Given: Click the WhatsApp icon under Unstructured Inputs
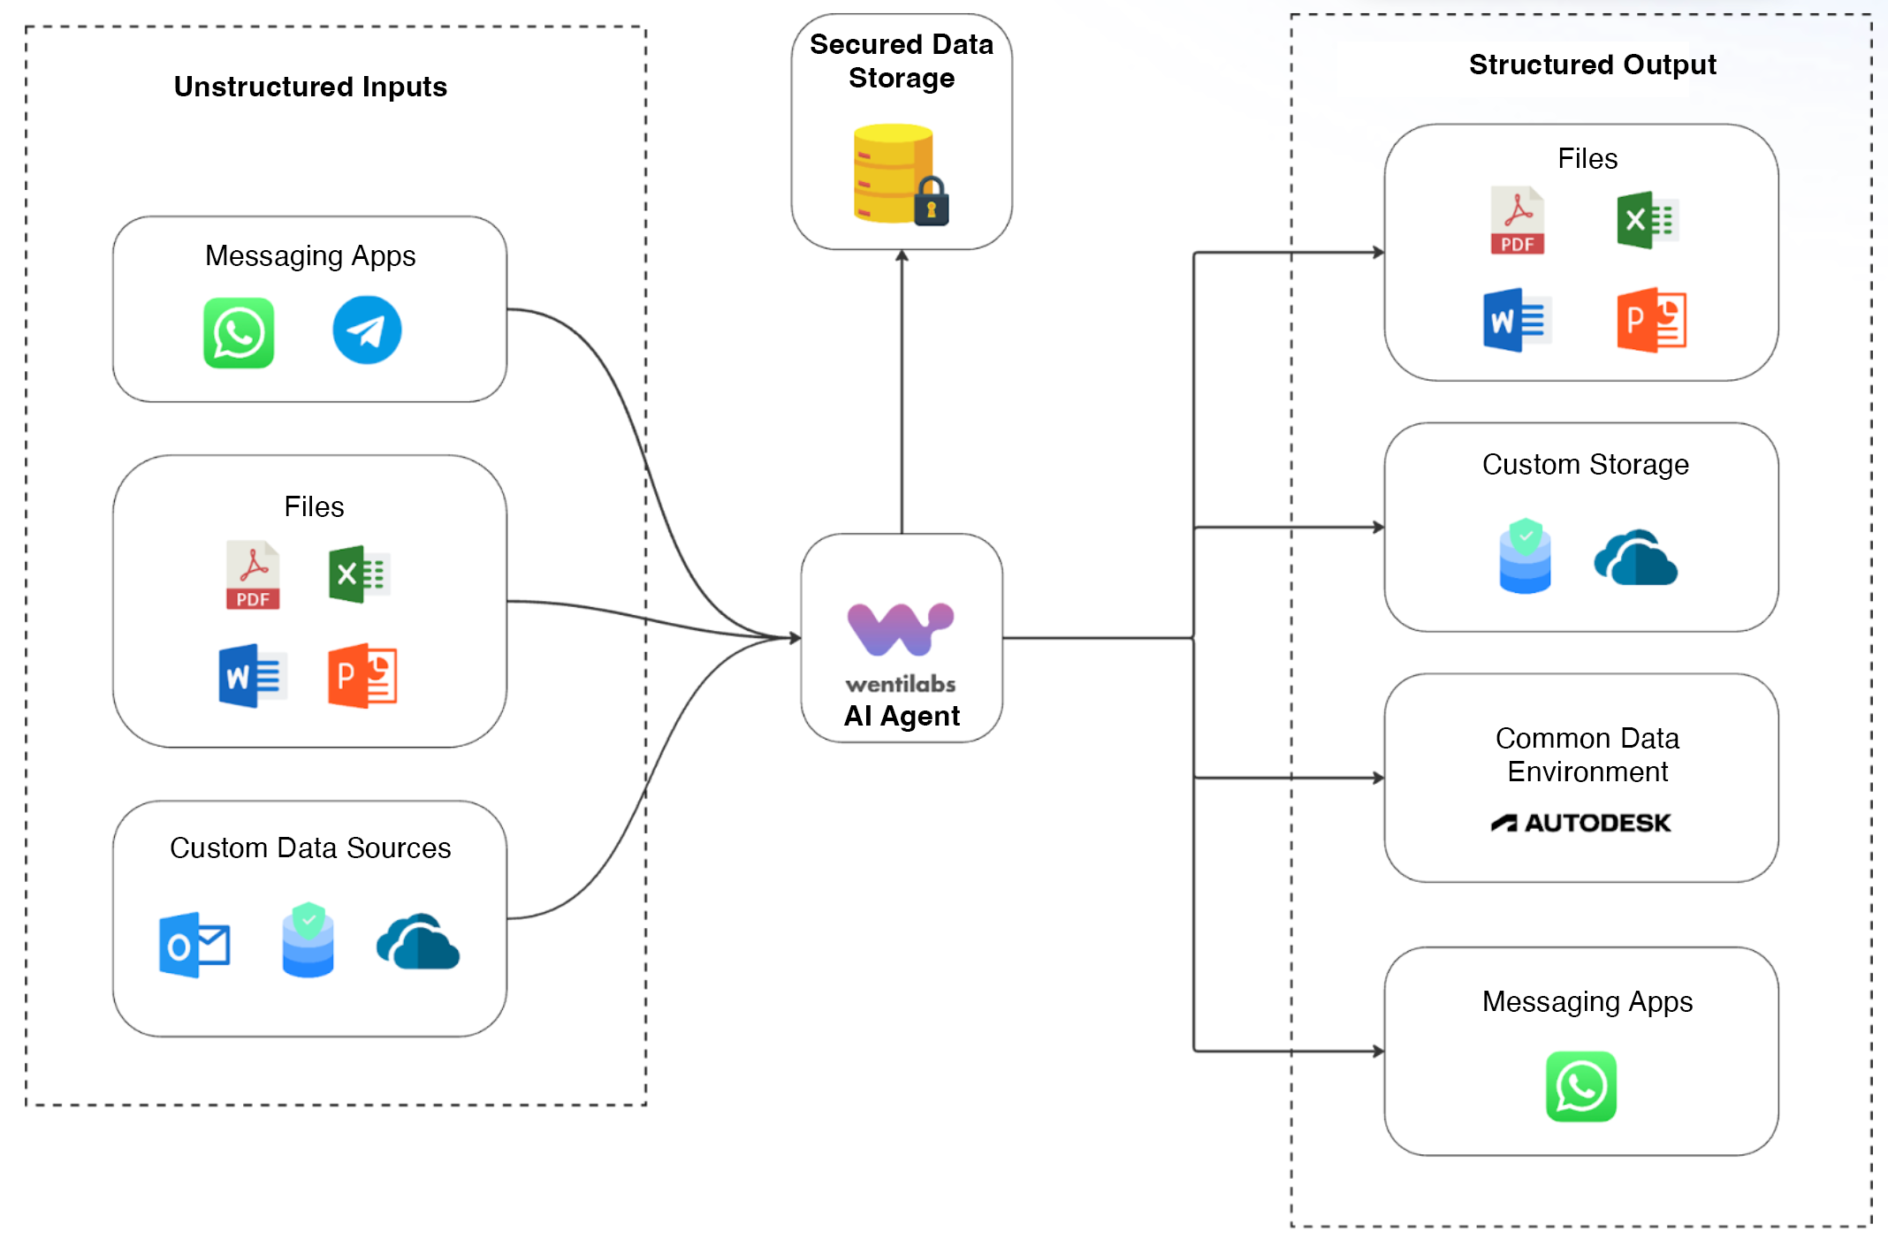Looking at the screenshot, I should coord(239,332).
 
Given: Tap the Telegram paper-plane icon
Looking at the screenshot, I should coord(367,330).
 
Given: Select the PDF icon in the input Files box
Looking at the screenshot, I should coord(253,575).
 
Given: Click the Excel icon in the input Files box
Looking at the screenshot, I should coord(359,574).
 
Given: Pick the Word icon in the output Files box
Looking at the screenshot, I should coord(1517,320).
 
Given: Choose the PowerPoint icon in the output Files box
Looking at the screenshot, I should coord(1651,320).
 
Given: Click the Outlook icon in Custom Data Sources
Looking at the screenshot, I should coord(194,945).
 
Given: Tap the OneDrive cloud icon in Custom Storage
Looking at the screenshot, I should coord(1635,558).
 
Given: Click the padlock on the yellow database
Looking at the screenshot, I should coord(931,202).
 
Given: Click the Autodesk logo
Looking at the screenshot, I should coord(1580,823).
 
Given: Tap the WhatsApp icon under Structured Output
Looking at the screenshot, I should coord(1580,1086).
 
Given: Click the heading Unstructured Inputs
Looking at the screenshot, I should coord(310,87).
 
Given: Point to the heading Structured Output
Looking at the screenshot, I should coord(1592,65).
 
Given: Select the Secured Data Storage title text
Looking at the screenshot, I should coord(902,61).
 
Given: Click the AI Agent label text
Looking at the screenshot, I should coord(902,715).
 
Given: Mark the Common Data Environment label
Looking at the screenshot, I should coord(1587,755).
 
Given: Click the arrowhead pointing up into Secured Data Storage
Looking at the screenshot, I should coord(902,256).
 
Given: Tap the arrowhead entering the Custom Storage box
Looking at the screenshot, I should coord(1378,528).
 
